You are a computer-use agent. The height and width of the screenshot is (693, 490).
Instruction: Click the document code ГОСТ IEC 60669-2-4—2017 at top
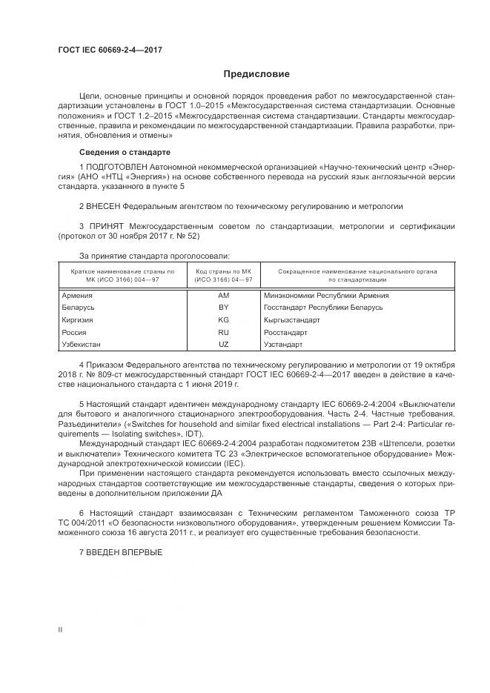[110, 50]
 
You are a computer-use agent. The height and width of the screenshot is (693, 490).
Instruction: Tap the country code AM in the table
[223, 295]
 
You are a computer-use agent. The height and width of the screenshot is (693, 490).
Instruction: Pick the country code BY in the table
[223, 307]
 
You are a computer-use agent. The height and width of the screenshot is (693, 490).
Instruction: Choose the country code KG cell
[223, 319]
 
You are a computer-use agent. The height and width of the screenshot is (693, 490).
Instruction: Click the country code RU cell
[223, 332]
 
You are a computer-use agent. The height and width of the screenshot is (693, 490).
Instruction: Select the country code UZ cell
[223, 344]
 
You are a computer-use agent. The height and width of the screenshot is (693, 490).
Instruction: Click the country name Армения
[78, 295]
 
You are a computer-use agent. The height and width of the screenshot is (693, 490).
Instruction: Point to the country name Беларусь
[79, 307]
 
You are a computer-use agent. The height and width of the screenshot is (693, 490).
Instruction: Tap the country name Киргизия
[79, 319]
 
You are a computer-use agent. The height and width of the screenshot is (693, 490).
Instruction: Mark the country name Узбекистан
[82, 344]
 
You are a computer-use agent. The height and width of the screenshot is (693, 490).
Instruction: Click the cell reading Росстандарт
[285, 332]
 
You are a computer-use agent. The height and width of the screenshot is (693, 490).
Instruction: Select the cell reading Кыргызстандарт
[291, 319]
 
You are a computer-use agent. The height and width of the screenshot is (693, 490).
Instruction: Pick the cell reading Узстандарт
[283, 344]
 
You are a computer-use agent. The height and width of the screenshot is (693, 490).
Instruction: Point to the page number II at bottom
[60, 629]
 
